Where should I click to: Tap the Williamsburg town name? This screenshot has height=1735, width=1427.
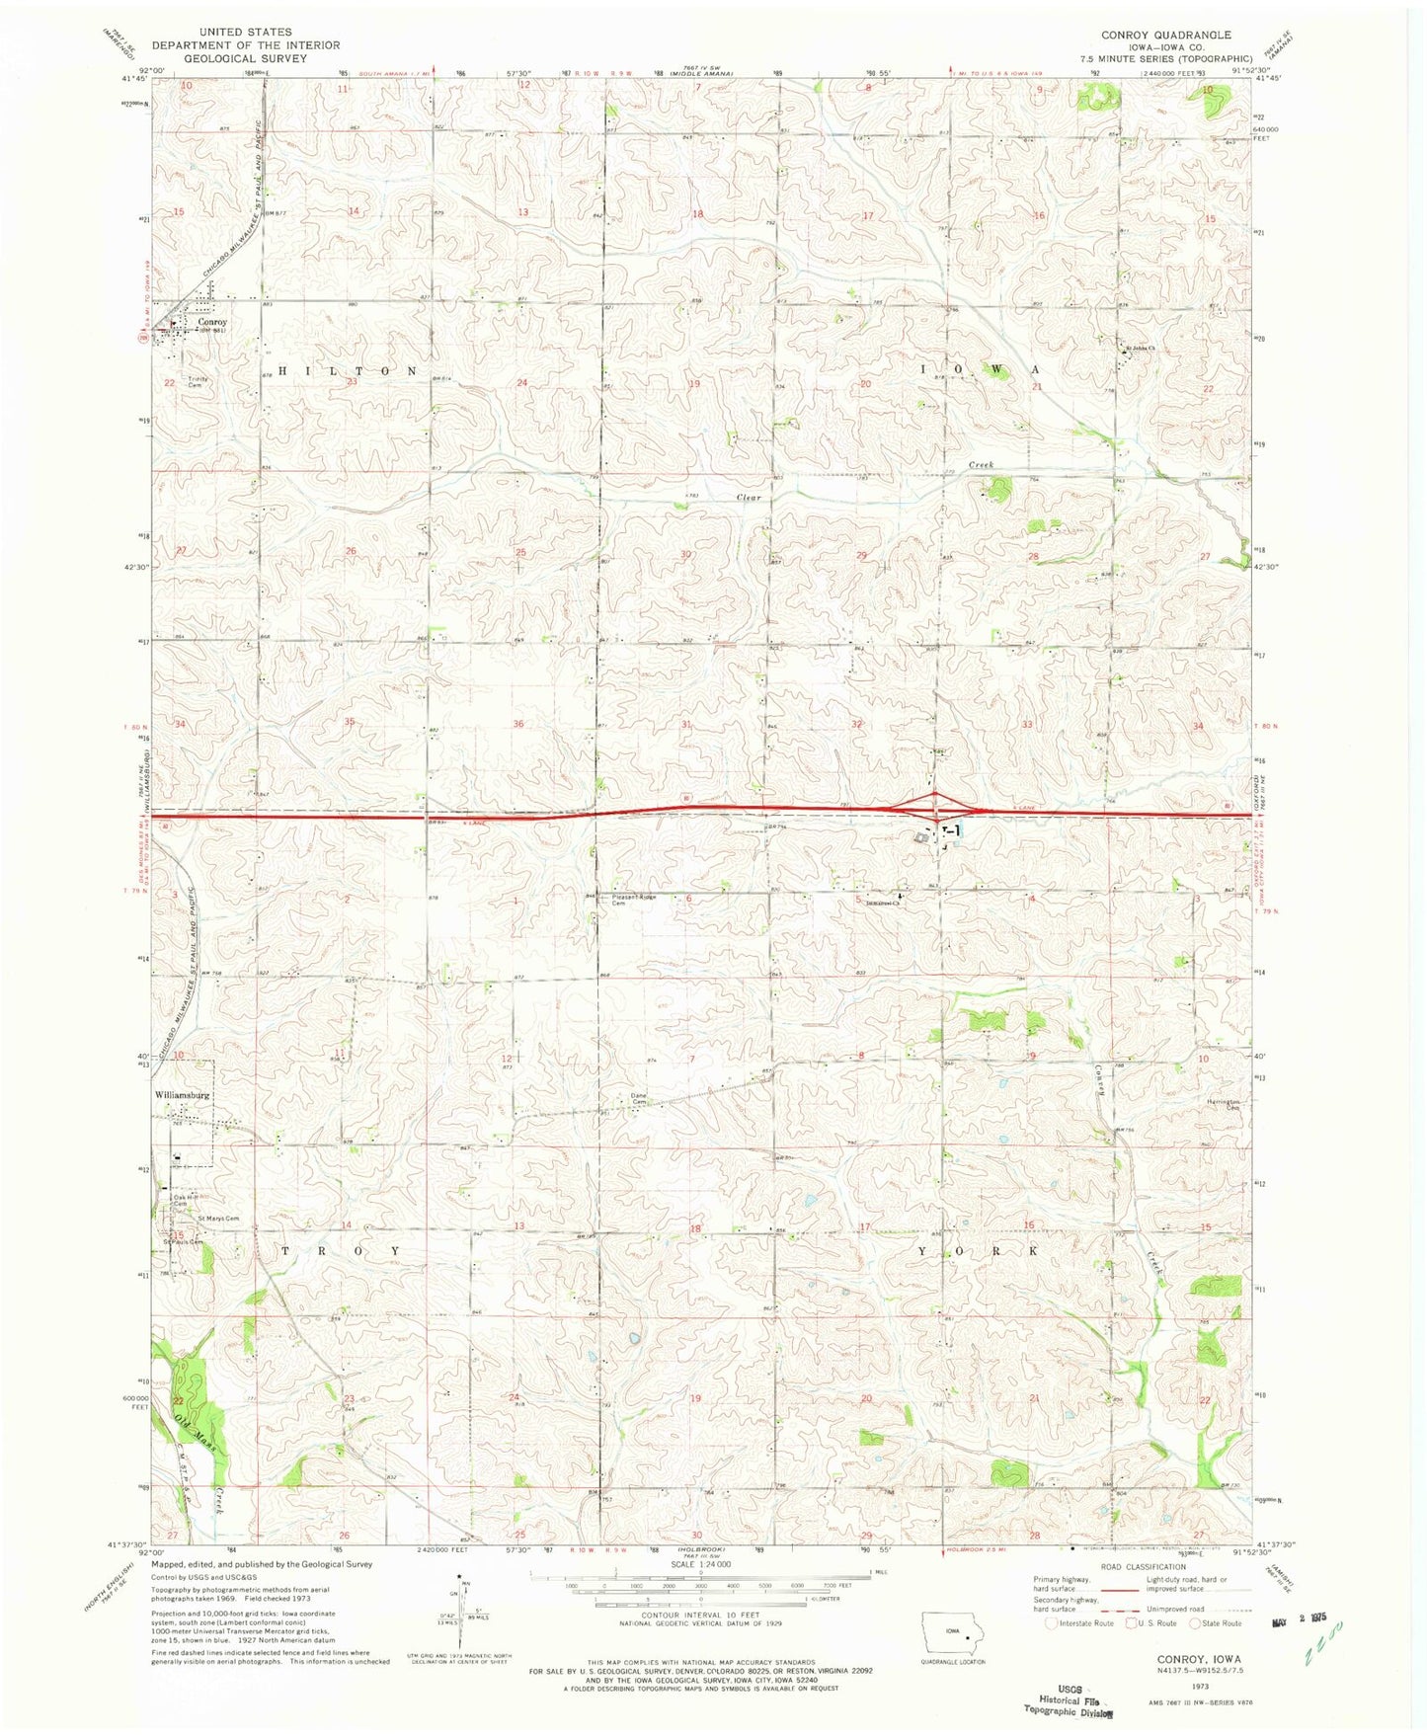coord(182,1095)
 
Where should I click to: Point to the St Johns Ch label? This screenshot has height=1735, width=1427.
coord(1142,347)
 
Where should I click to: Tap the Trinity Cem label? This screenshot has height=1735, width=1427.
coord(201,380)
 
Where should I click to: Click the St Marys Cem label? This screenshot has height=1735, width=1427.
coord(217,1219)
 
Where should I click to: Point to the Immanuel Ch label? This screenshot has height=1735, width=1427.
coord(882,902)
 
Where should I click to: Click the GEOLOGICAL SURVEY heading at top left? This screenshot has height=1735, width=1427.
coord(231,58)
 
